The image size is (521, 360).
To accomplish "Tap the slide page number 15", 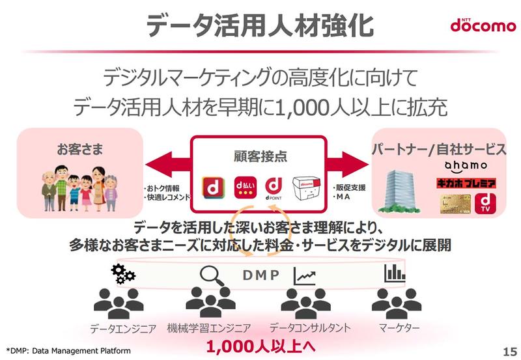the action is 509,352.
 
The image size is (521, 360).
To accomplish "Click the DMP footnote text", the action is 68,351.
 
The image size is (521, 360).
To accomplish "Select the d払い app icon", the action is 245,187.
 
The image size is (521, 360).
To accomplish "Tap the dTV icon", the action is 485,203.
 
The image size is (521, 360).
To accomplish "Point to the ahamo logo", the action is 466,167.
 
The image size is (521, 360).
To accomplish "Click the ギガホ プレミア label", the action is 466,183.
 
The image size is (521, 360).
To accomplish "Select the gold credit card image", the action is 455,204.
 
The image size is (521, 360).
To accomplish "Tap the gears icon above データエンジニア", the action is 123,273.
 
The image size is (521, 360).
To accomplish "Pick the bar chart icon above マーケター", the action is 395,273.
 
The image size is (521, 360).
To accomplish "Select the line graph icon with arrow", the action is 304,277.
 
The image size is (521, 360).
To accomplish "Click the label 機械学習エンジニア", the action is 209,328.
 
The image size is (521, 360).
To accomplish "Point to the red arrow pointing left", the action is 168,165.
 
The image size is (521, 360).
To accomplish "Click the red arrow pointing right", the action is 348,164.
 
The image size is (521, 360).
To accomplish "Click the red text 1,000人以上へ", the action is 260,346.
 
